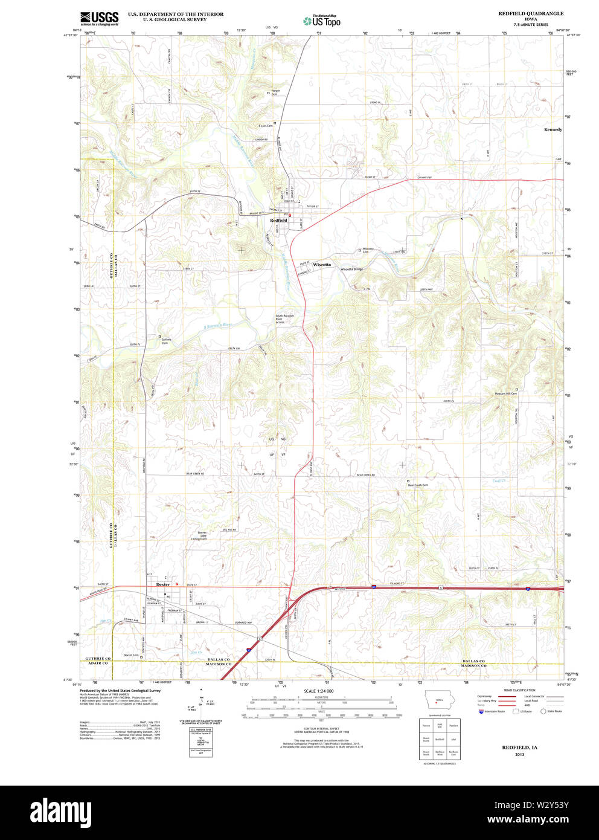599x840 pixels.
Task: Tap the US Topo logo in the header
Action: pyautogui.click(x=322, y=21)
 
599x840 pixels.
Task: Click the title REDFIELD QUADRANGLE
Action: pyautogui.click(x=531, y=13)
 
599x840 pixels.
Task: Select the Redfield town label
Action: pyautogui.click(x=278, y=221)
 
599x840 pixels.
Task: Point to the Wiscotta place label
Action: pyautogui.click(x=322, y=265)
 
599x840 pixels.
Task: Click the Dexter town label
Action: pyautogui.click(x=163, y=584)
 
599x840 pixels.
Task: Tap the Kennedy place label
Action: pyautogui.click(x=553, y=129)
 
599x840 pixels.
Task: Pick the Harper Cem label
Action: pyautogui.click(x=275, y=92)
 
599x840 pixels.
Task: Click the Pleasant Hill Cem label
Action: pyautogui.click(x=506, y=393)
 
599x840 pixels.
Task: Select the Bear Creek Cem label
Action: pyautogui.click(x=417, y=485)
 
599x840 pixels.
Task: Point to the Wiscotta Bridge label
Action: pyautogui.click(x=351, y=269)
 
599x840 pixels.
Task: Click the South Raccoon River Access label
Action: pyautogui.click(x=284, y=319)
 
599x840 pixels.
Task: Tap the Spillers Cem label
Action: pyautogui.click(x=166, y=341)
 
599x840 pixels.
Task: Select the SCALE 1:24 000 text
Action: pyautogui.click(x=319, y=691)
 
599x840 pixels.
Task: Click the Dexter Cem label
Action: pyautogui.click(x=131, y=655)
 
